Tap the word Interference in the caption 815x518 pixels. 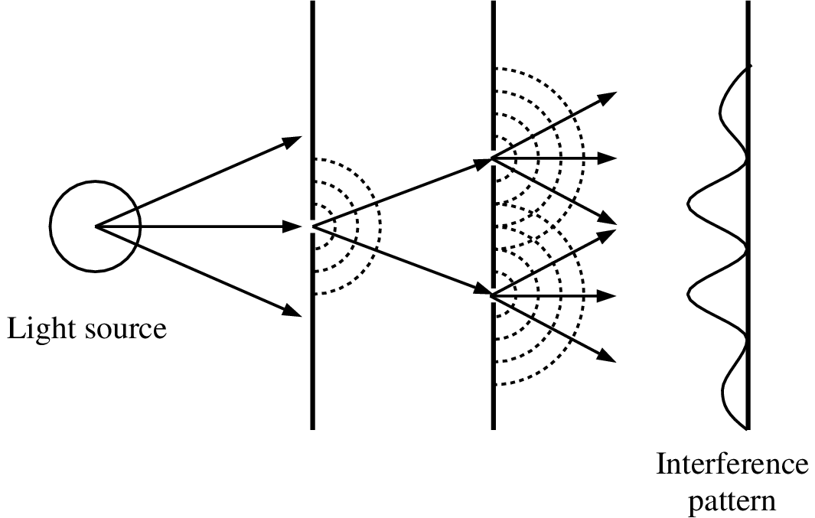click(x=732, y=464)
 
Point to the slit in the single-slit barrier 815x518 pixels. click(x=312, y=226)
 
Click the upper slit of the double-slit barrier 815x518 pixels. click(x=494, y=158)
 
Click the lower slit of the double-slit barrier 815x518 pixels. click(x=494, y=295)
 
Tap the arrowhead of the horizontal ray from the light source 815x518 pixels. click(x=292, y=226)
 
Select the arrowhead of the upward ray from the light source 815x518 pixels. click(x=292, y=141)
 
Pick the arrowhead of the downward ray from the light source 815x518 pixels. click(x=292, y=311)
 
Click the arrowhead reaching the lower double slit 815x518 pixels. click(x=483, y=291)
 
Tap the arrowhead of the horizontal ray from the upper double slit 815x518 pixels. click(x=607, y=158)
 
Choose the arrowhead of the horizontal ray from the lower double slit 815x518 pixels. click(x=607, y=295)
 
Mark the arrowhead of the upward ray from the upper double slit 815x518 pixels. click(x=607, y=97)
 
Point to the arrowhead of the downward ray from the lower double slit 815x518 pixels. click(x=607, y=356)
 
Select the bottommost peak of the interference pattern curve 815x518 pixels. click(x=723, y=386)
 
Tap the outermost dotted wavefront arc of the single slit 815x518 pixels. click(x=381, y=226)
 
